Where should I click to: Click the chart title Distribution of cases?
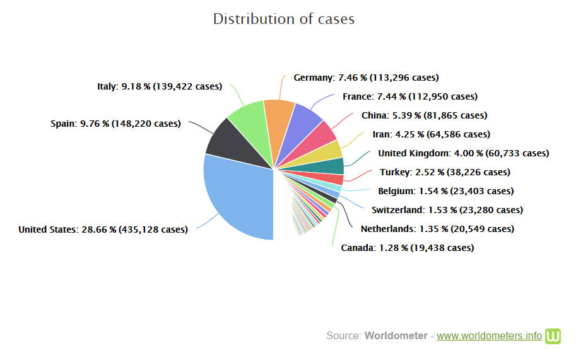(283, 19)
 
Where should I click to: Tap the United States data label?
(103, 229)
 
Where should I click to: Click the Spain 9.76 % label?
(115, 124)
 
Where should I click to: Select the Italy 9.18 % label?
(160, 86)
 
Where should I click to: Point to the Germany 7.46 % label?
(366, 78)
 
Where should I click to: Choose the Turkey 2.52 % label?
(445, 172)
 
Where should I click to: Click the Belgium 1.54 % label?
(445, 191)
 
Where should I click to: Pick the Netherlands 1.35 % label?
(437, 229)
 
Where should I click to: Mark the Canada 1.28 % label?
(407, 248)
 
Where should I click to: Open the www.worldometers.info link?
(489, 335)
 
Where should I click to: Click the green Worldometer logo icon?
(553, 335)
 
